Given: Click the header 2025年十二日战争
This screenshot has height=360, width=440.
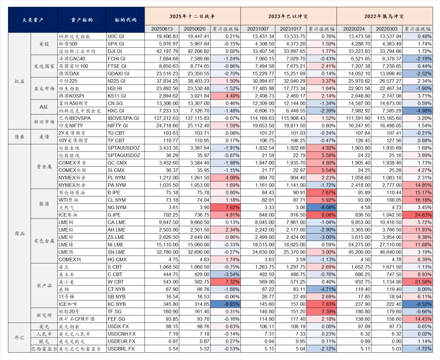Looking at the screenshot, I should (x=192, y=16).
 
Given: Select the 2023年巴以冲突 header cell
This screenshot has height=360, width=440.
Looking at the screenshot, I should (x=288, y=16).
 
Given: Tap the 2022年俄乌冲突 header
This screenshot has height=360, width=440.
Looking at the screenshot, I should (x=385, y=16).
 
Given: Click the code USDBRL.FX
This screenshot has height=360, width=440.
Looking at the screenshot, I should (x=121, y=349).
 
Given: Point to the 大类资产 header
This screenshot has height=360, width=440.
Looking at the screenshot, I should (x=33, y=20).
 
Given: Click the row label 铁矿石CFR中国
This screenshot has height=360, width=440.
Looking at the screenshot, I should (x=77, y=319).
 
